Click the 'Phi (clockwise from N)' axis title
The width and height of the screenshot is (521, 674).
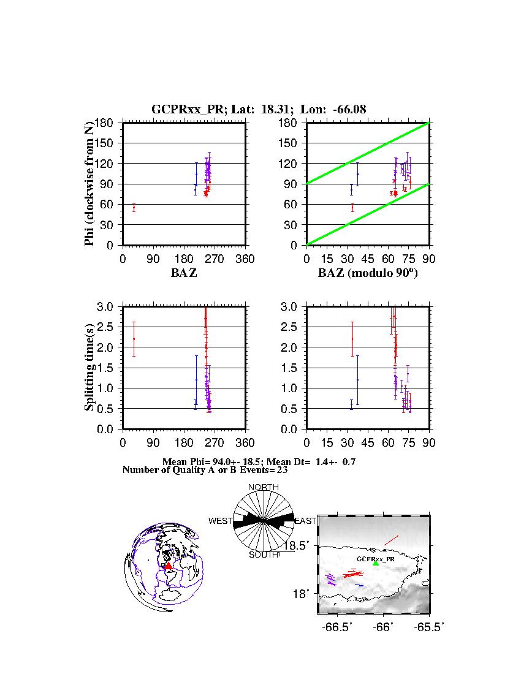click(x=89, y=184)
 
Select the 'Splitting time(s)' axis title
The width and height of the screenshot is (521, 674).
click(x=89, y=367)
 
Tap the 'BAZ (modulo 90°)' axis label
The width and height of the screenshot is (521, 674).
click(x=367, y=273)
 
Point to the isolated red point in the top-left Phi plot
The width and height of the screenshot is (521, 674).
click(x=134, y=208)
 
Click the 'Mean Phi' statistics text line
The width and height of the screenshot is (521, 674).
click(x=258, y=461)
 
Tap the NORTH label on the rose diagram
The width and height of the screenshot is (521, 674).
click(x=263, y=487)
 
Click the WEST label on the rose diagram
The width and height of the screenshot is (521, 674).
click(x=220, y=521)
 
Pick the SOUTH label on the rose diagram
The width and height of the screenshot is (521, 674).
click(x=263, y=555)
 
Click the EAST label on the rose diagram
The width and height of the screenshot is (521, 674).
click(x=305, y=521)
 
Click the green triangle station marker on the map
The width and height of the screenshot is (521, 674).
click(x=376, y=563)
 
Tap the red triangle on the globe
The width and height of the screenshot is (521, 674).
click(x=169, y=566)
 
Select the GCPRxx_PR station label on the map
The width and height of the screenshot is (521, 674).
click(x=376, y=559)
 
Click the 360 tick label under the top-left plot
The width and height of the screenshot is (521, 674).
click(x=245, y=259)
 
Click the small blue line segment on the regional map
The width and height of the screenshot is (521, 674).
click(x=360, y=585)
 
